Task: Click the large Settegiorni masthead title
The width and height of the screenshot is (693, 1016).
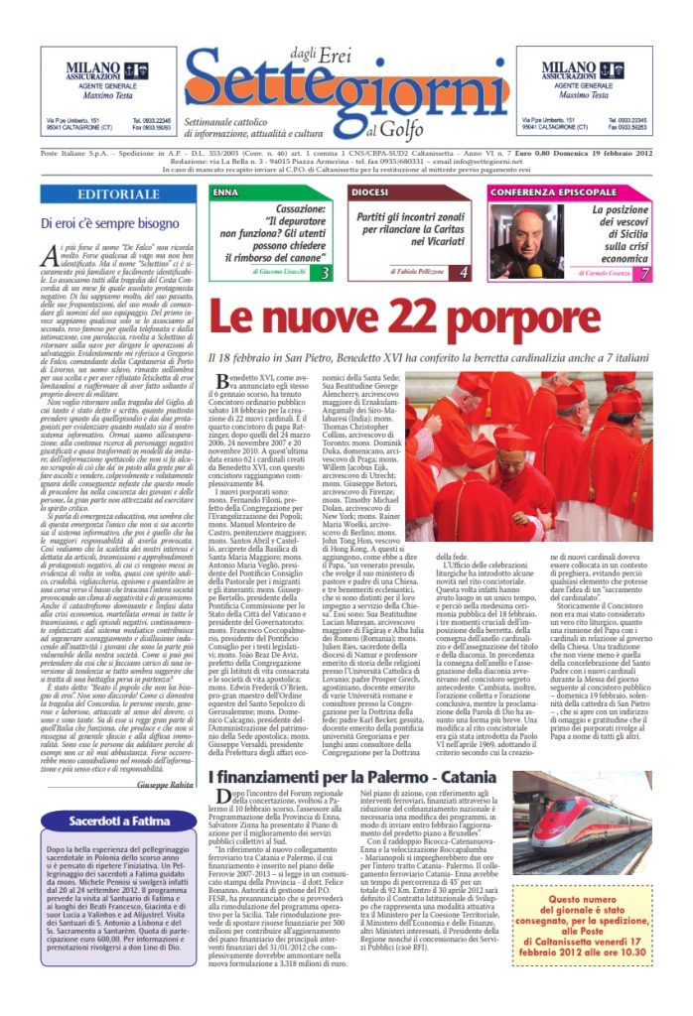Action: [x=347, y=88]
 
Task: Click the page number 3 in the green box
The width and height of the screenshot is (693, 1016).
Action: [x=324, y=272]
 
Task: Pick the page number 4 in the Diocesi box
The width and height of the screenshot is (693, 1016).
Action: [x=463, y=272]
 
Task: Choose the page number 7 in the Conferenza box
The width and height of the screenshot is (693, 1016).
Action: [x=644, y=272]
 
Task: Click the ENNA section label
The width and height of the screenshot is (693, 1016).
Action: [x=225, y=190]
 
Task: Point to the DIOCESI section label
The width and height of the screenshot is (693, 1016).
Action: [x=369, y=190]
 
